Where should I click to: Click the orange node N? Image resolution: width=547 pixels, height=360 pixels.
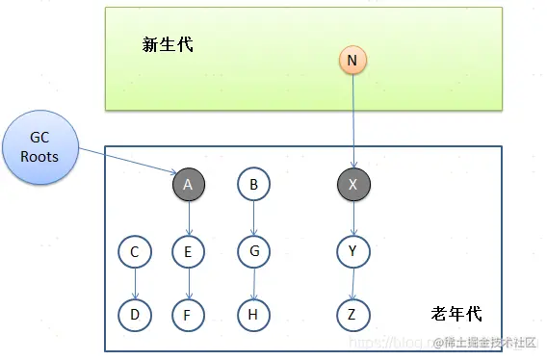352,61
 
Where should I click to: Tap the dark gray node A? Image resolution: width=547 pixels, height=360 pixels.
189,184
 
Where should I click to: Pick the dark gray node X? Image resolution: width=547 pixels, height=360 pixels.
353,184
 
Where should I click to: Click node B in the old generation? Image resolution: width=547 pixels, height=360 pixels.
253,184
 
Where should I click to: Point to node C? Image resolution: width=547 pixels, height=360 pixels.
134,252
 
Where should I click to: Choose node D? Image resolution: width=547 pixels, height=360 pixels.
134,313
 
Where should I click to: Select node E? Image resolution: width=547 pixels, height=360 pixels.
189,252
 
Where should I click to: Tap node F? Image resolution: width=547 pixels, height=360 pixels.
189,313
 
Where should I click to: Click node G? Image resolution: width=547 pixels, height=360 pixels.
253,252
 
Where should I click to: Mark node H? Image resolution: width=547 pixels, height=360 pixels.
253,313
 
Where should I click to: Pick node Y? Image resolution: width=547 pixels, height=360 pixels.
353,252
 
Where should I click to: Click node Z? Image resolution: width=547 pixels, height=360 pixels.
353,313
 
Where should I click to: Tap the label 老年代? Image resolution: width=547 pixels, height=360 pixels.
456,314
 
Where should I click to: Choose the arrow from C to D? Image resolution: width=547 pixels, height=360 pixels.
134,283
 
